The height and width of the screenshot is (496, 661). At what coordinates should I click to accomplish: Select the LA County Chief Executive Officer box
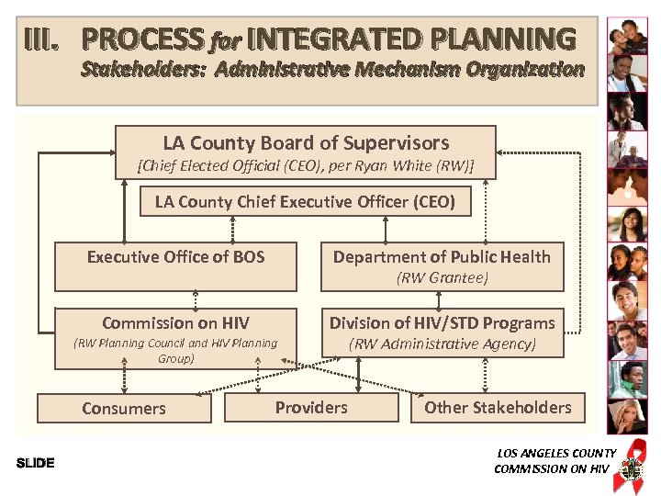(305, 202)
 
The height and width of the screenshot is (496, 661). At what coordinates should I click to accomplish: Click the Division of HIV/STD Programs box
(442, 333)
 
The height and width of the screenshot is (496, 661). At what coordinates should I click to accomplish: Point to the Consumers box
(124, 409)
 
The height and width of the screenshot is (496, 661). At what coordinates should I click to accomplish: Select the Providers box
(311, 408)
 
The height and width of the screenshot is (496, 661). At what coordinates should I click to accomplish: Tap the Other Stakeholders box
(498, 408)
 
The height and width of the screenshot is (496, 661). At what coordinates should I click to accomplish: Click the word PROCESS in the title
(142, 39)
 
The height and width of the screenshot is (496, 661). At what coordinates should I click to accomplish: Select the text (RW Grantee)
(442, 277)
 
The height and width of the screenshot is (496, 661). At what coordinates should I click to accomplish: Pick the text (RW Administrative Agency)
(442, 344)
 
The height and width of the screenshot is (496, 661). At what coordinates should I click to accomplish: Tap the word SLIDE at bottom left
(36, 463)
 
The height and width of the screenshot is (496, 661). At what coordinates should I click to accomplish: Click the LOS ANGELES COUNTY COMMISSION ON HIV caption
(554, 461)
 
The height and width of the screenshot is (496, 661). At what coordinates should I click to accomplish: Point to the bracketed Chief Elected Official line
(305, 166)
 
